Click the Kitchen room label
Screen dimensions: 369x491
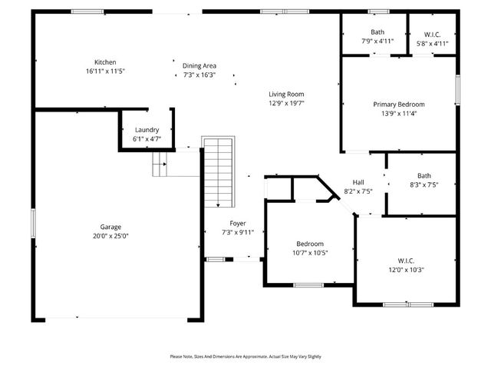point(105,62)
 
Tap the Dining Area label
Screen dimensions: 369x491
point(199,66)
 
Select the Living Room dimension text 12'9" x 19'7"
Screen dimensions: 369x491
point(287,103)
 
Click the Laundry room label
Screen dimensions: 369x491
point(146,131)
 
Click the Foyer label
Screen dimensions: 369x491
point(238,223)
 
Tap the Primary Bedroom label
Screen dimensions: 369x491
point(398,105)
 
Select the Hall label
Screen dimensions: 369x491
point(358,182)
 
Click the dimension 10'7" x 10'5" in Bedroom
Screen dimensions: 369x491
point(310,253)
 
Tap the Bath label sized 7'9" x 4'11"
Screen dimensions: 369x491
point(377,32)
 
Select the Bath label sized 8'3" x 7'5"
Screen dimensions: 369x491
point(424,175)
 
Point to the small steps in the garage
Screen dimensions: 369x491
point(160,164)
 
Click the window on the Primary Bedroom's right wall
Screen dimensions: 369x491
point(457,88)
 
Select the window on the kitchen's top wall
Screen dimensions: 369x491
point(87,12)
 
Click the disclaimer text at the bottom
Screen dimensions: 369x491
point(245,357)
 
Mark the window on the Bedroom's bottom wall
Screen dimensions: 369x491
point(308,285)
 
